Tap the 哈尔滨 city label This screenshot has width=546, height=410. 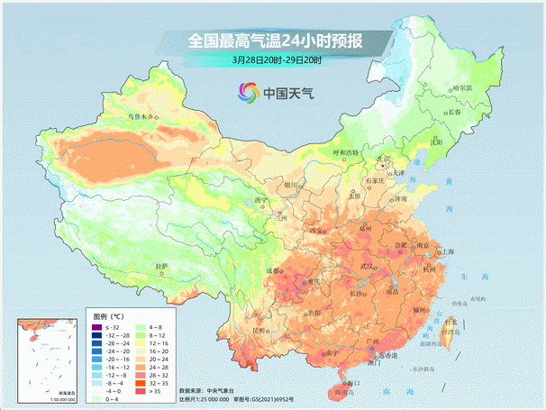(461, 87)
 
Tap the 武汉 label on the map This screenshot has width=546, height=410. (366, 267)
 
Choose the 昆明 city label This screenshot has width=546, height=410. (259, 331)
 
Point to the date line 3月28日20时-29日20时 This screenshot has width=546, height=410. (277, 60)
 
